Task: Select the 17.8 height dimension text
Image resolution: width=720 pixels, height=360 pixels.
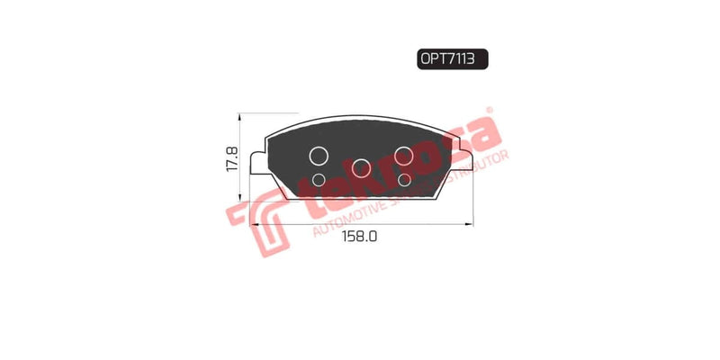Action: coord(231,159)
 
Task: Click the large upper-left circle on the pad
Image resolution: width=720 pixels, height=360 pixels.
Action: coord(319,155)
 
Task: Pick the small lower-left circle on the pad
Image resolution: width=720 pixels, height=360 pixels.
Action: coord(318,180)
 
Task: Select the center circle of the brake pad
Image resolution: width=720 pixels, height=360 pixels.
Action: coord(362,167)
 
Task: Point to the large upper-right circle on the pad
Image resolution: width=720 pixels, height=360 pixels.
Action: coord(404,155)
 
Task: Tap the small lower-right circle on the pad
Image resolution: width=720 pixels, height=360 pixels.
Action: coord(404,180)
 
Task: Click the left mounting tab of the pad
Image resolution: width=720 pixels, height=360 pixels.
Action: coord(257,163)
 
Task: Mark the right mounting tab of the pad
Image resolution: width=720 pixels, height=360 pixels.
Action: coord(465,163)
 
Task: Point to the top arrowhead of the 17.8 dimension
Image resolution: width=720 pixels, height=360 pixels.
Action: coord(239,118)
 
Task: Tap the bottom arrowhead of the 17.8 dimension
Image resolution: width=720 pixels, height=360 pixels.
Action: coord(239,199)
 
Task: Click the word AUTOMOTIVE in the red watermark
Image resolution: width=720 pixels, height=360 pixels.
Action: coord(346,221)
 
